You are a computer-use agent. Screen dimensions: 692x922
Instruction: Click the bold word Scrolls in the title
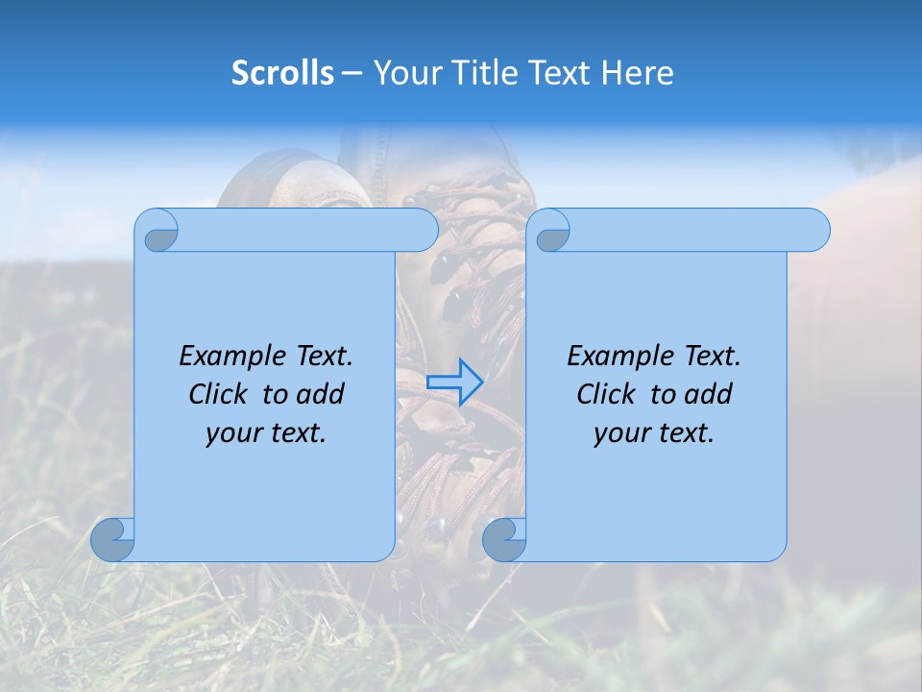tap(283, 73)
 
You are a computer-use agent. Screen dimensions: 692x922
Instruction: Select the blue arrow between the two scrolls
tap(454, 383)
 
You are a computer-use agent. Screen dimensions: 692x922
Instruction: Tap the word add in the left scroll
tap(322, 394)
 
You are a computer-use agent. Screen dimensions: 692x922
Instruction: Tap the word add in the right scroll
tap(710, 394)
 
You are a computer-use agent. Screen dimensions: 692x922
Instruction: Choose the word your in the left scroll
tap(232, 433)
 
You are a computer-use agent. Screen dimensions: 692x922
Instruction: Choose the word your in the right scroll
tap(620, 433)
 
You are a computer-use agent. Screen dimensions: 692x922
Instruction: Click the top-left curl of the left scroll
tap(158, 232)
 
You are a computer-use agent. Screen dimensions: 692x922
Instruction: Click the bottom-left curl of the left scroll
tap(111, 539)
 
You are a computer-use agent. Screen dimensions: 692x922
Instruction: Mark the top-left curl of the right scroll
tap(550, 232)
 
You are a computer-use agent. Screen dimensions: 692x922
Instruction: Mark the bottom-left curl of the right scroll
tap(503, 539)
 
